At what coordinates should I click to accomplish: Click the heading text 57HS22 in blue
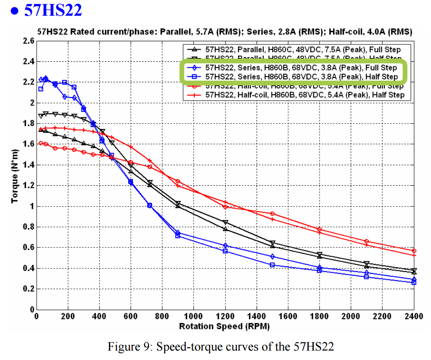pyautogui.click(x=53, y=10)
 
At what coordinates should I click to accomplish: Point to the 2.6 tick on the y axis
pyautogui.click(x=29, y=41)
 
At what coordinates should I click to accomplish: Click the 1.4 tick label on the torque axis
pyautogui.click(x=29, y=165)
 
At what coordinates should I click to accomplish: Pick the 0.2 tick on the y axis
pyautogui.click(x=29, y=289)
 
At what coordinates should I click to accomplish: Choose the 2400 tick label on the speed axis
pyautogui.click(x=413, y=316)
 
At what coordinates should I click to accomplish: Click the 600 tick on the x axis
pyautogui.click(x=130, y=316)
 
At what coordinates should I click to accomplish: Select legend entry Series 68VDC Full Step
pyautogui.click(x=301, y=68)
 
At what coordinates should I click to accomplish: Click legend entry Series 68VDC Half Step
pyautogui.click(x=301, y=76)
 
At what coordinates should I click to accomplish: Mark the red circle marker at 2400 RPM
pyautogui.click(x=414, y=251)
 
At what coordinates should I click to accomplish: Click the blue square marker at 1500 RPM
pyautogui.click(x=272, y=265)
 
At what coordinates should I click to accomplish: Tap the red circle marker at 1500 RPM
pyautogui.click(x=272, y=214)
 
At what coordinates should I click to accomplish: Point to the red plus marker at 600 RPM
pyautogui.click(x=130, y=146)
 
